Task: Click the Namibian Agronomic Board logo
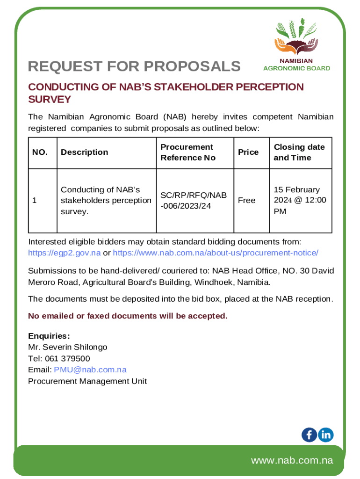[296, 44]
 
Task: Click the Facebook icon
[309, 435]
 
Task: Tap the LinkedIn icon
[326, 435]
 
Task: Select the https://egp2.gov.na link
[65, 253]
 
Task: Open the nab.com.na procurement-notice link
[216, 253]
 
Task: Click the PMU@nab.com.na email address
[90, 370]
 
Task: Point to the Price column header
[248, 152]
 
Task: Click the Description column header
[84, 152]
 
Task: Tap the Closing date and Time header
[299, 152]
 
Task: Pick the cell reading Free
[246, 200]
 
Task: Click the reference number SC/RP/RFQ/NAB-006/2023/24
[194, 200]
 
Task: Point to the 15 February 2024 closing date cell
[300, 200]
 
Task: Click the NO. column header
[40, 152]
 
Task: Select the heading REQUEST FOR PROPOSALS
[134, 67]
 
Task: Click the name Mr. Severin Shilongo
[68, 347]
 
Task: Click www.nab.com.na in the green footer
[292, 460]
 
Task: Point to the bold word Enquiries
[49, 336]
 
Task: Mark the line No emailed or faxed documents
[128, 316]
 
